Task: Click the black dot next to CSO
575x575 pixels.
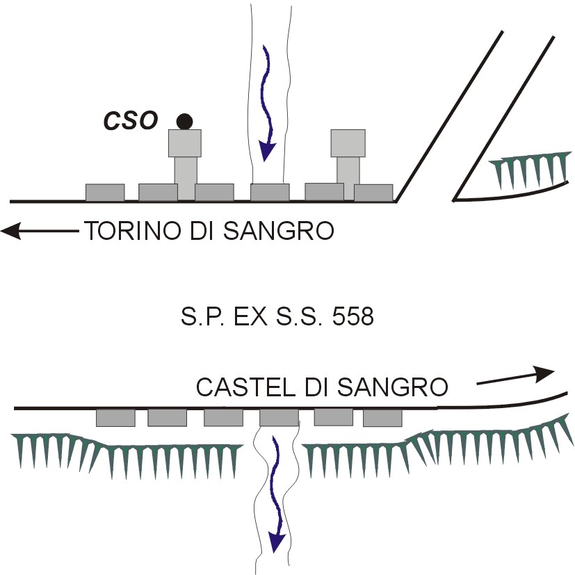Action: [x=184, y=121]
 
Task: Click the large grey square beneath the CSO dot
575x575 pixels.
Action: [x=185, y=143]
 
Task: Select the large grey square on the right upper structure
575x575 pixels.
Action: [x=348, y=143]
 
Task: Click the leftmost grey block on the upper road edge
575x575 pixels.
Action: [x=105, y=192]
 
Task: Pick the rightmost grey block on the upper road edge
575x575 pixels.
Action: [x=373, y=193]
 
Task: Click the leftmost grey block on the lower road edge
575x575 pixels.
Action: [x=115, y=418]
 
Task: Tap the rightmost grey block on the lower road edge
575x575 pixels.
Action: [x=382, y=418]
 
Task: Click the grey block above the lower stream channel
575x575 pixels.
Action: [x=279, y=418]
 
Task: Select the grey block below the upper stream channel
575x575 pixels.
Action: [x=270, y=192]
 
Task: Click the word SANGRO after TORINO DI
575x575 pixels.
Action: [x=282, y=231]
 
